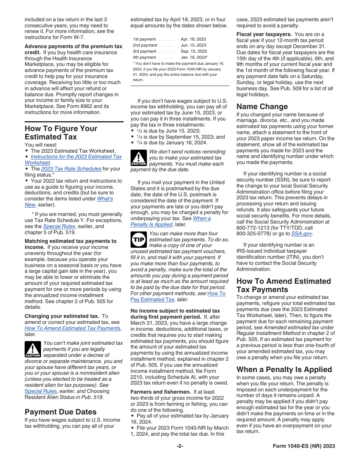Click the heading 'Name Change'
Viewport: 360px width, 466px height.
pos(262,106)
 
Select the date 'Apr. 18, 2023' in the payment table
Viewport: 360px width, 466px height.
pos(193,39)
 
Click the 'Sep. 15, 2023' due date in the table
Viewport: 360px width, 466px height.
pos(194,51)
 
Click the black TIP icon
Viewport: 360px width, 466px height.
pos(138,239)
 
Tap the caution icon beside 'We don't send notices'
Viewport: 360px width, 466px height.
pos(138,158)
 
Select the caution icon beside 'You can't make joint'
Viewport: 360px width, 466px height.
pos(33,349)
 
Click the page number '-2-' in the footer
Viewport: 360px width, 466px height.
pos(180,446)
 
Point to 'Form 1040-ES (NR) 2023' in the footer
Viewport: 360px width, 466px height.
pos(304,446)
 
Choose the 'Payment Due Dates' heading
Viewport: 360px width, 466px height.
pos(61,412)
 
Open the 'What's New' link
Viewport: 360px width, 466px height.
pos(105,199)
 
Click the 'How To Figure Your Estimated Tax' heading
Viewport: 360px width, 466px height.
pos(61,133)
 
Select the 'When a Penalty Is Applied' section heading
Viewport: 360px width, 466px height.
pos(284,369)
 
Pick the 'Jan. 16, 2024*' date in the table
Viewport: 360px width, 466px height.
pos(194,57)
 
